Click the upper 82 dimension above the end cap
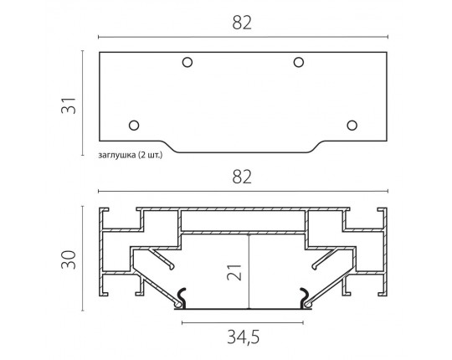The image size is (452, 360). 242,23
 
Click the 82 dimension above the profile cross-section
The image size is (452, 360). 242,177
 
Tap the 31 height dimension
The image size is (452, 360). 69,105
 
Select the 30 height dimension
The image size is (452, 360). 69,260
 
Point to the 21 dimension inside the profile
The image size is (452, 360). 234,272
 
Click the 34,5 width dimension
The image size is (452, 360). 244,337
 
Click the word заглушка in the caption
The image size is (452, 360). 117,156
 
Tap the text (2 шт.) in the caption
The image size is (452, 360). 150,155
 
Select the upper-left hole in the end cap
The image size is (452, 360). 187,62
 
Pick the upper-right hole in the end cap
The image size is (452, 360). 299,62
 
